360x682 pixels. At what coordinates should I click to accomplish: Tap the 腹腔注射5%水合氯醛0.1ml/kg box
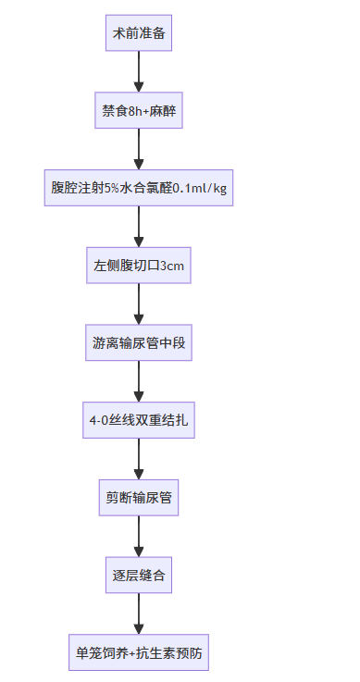[139, 188]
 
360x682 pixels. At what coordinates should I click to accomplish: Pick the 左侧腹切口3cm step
[139, 266]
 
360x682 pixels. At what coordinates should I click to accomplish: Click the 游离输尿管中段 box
[139, 342]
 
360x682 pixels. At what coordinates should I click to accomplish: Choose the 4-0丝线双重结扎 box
[139, 420]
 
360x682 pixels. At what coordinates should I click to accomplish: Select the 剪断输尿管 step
[139, 498]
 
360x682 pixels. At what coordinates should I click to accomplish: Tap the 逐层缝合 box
[139, 576]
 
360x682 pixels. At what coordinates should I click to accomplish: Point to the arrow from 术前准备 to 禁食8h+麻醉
[139, 71]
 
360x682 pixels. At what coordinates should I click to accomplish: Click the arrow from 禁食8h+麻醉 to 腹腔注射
[139, 149]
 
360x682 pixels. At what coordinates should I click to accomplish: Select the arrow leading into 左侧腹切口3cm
[139, 227]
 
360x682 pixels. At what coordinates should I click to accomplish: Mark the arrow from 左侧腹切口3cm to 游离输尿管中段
[139, 304]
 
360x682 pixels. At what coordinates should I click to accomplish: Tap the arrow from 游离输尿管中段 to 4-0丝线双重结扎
[139, 381]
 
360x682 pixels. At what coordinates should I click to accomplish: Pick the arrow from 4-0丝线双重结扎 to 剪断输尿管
[139, 459]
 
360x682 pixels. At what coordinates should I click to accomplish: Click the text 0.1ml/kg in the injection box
[200, 188]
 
